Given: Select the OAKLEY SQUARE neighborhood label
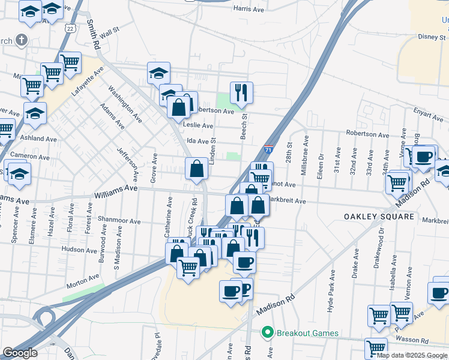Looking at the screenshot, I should (379, 216).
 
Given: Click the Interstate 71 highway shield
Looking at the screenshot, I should (268, 149).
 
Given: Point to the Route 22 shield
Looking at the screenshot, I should (71, 29).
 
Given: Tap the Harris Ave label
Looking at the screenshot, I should (249, 9).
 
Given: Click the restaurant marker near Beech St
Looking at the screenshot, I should (241, 92).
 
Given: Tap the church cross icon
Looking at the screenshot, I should (22, 40).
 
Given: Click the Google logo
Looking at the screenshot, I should (20, 353).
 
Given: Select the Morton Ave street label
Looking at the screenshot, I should (83, 279).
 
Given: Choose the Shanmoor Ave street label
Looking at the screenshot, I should (121, 221).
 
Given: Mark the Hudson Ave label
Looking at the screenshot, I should (79, 250).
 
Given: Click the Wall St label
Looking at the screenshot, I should (110, 32).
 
